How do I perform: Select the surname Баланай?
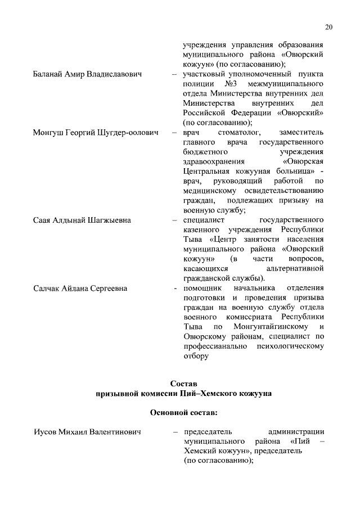(x=48, y=74)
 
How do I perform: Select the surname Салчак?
(x=49, y=289)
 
